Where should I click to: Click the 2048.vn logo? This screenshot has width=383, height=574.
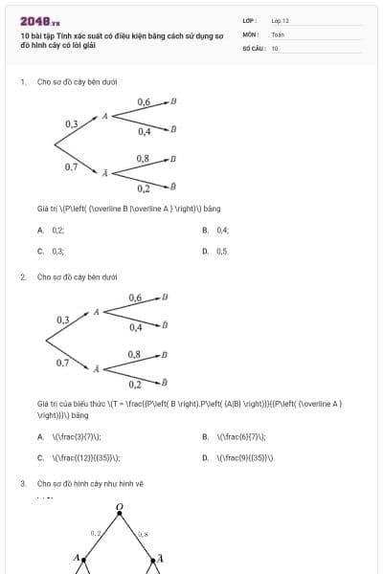pyautogui.click(x=40, y=21)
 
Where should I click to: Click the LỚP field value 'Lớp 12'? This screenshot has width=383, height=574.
pyautogui.click(x=282, y=20)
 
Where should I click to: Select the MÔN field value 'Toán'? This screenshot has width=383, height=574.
pyautogui.click(x=278, y=33)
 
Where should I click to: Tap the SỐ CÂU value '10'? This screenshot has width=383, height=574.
pyautogui.click(x=275, y=47)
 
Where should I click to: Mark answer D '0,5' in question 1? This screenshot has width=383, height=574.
pyautogui.click(x=222, y=251)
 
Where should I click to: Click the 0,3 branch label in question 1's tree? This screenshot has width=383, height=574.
pyautogui.click(x=72, y=124)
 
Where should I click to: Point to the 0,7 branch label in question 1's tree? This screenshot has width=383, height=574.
pyautogui.click(x=72, y=166)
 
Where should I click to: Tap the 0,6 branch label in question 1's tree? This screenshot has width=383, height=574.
pyautogui.click(x=144, y=101)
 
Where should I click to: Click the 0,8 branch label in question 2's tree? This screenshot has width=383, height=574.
pyautogui.click(x=135, y=355)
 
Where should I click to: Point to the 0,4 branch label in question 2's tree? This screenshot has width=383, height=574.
pyautogui.click(x=135, y=327)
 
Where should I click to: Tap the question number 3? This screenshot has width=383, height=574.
pyautogui.click(x=23, y=484)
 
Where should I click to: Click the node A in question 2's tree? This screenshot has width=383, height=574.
pyautogui.click(x=96, y=312)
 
